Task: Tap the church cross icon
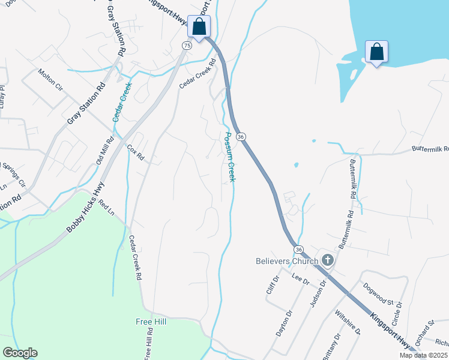[328, 260]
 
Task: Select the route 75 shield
[187, 45]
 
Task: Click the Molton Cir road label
[50, 79]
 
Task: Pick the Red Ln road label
[106, 208]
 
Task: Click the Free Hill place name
[151, 322]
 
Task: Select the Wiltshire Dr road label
[348, 322]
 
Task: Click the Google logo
[20, 353]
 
